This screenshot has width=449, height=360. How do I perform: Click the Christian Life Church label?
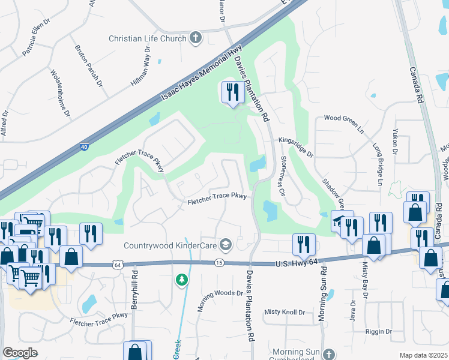point(147,38)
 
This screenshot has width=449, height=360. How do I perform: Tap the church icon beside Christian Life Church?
point(195,38)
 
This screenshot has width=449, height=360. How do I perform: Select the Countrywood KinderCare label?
point(170,245)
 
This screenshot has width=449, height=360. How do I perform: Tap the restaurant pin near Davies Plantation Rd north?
point(231,92)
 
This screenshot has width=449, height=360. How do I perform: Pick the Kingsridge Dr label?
point(295,148)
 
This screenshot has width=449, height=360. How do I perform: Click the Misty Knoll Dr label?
point(285,312)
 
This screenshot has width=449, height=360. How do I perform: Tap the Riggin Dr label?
point(378,331)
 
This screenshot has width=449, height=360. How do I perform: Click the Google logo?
point(20,353)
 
